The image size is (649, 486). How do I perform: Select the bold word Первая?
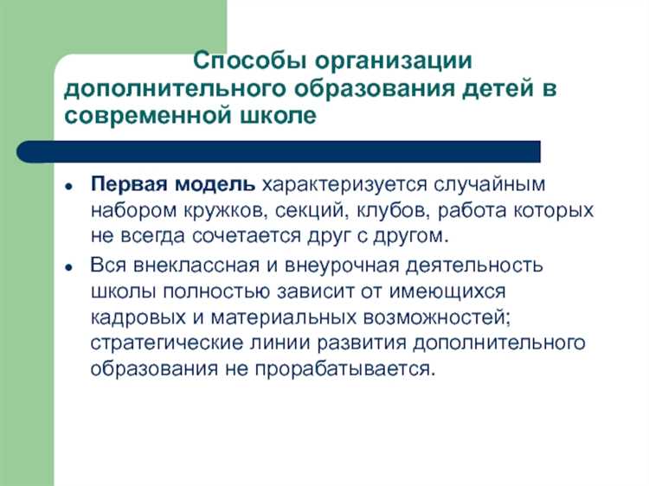(x=125, y=186)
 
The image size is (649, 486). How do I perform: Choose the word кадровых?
(x=136, y=316)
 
